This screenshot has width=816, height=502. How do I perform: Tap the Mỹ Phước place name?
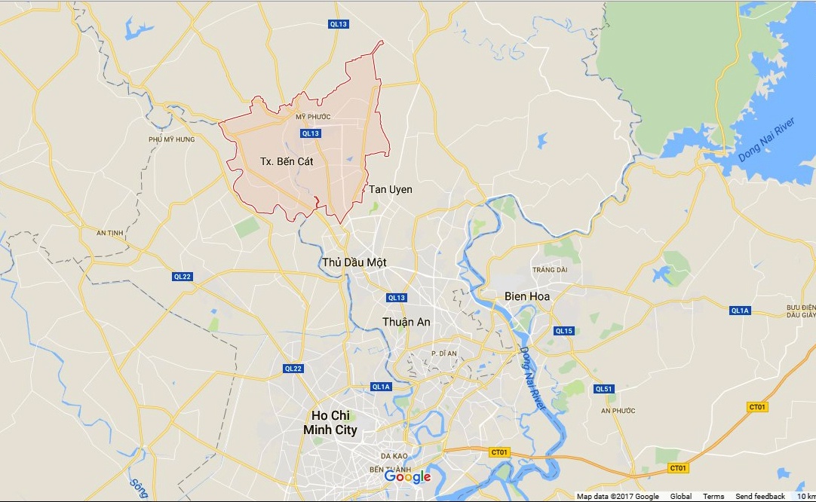[313, 117]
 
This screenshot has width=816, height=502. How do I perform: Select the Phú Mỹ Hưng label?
[172, 139]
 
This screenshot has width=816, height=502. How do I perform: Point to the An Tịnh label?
[110, 233]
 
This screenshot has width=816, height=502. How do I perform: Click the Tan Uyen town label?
[391, 189]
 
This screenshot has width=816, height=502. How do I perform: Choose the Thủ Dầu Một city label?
[354, 262]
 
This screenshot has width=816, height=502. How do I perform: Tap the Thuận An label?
[406, 322]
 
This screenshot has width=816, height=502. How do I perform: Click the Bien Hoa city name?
[527, 296]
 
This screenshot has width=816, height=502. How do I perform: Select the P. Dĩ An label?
[445, 354]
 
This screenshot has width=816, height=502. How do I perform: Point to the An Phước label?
[618, 411]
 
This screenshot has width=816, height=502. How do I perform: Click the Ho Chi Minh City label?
[330, 423]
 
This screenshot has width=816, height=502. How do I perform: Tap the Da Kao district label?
[394, 456]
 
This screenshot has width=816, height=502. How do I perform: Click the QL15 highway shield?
[563, 331]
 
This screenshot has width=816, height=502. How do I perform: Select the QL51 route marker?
[604, 389]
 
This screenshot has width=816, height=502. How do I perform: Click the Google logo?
[407, 476]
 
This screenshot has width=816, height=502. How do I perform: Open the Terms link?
[713, 496]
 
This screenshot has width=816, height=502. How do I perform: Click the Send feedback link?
[760, 496]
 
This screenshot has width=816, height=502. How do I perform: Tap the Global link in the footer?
[681, 496]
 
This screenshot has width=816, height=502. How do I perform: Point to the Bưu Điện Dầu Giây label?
[800, 311]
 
